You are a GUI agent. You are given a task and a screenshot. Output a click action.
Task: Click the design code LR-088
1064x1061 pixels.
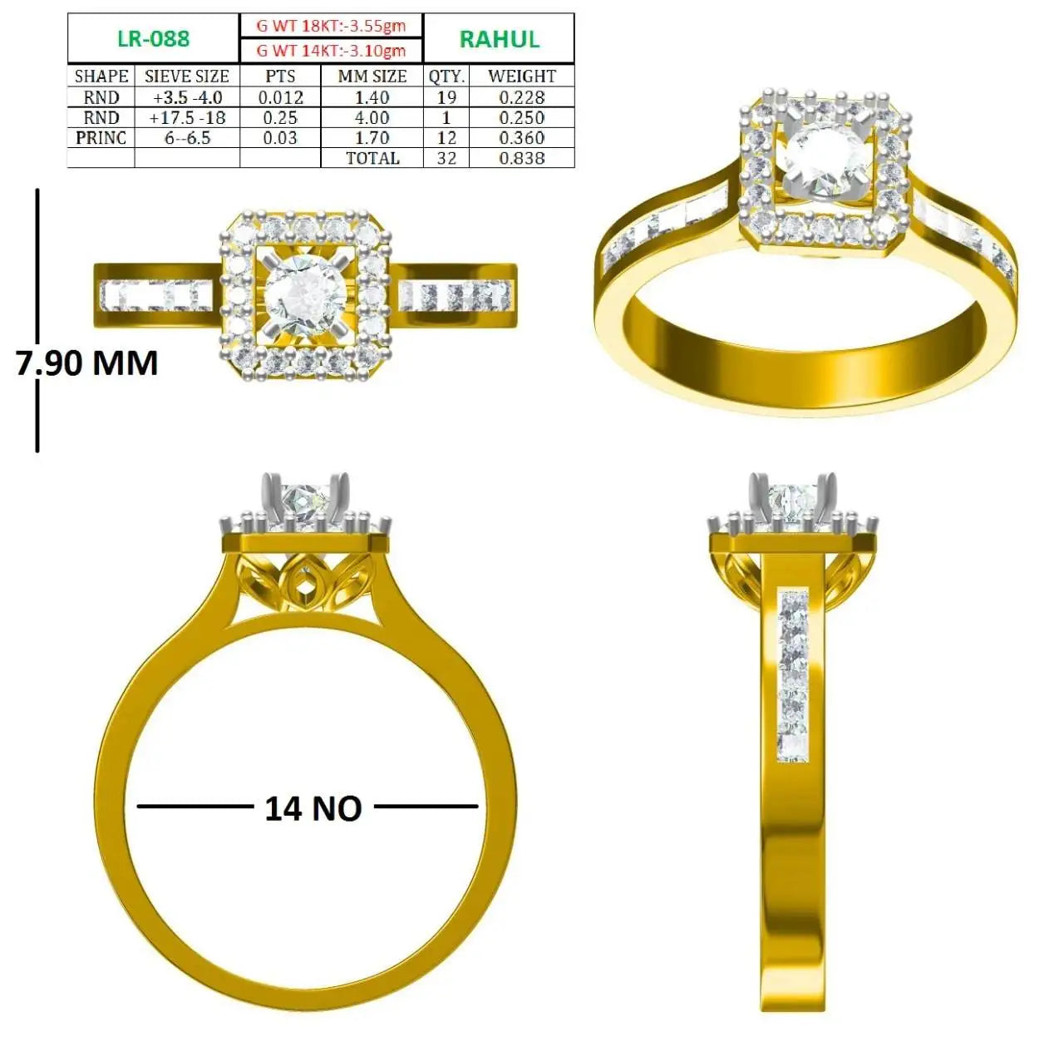tap(154, 38)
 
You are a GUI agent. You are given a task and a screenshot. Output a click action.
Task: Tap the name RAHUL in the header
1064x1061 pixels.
tap(499, 39)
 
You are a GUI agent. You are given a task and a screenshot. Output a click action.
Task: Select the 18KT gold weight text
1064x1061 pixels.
tap(332, 26)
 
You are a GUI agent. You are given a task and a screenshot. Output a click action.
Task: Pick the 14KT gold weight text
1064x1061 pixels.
tap(332, 51)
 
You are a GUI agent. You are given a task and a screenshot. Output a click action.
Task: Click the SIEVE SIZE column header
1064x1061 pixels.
tap(187, 76)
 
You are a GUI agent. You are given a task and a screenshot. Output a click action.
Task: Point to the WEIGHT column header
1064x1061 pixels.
tap(522, 76)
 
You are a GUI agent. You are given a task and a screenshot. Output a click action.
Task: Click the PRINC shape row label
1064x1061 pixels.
tap(101, 137)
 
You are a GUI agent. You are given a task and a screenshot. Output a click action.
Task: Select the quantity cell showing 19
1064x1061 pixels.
tap(446, 98)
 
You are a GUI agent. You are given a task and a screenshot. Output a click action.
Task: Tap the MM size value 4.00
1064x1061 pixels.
tap(372, 117)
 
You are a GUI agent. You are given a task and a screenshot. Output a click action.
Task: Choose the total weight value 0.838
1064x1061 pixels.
tap(522, 158)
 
